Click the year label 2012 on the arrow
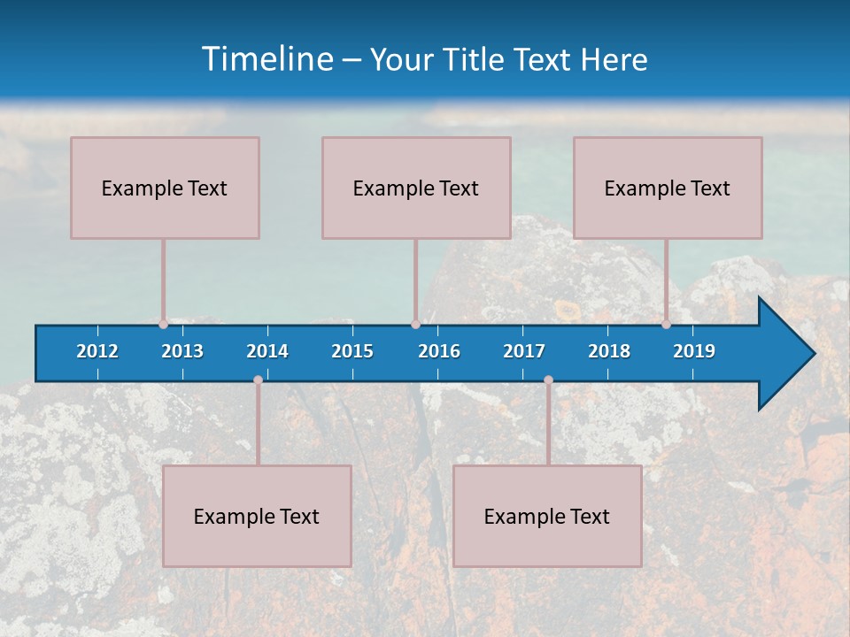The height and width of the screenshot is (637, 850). tap(97, 351)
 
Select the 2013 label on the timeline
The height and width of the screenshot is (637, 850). tap(182, 351)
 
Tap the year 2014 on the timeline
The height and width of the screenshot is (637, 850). tap(267, 351)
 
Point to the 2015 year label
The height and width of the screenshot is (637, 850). tap(352, 351)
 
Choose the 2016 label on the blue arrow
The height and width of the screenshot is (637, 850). tap(439, 351)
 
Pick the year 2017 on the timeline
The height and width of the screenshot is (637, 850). tap(524, 351)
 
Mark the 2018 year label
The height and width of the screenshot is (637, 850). tap(609, 351)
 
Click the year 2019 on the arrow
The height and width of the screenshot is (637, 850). tap(694, 351)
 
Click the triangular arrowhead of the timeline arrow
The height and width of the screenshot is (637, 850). tap(784, 354)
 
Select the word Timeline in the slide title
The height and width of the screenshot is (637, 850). tap(267, 59)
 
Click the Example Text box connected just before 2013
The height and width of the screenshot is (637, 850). tap(165, 188)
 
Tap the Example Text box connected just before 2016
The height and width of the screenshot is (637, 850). tap(416, 188)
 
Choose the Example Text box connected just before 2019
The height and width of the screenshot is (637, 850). tap(668, 188)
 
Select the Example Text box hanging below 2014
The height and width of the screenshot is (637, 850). tap(257, 516)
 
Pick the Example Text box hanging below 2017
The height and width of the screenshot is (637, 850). tap(547, 516)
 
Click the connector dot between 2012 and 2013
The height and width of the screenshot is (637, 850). tap(163, 324)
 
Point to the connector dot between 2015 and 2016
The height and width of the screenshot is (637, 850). tap(415, 324)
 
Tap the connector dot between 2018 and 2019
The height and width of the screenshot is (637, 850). tap(666, 324)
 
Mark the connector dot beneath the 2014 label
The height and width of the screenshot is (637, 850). tap(258, 380)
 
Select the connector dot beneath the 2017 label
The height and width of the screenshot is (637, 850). tap(548, 380)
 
